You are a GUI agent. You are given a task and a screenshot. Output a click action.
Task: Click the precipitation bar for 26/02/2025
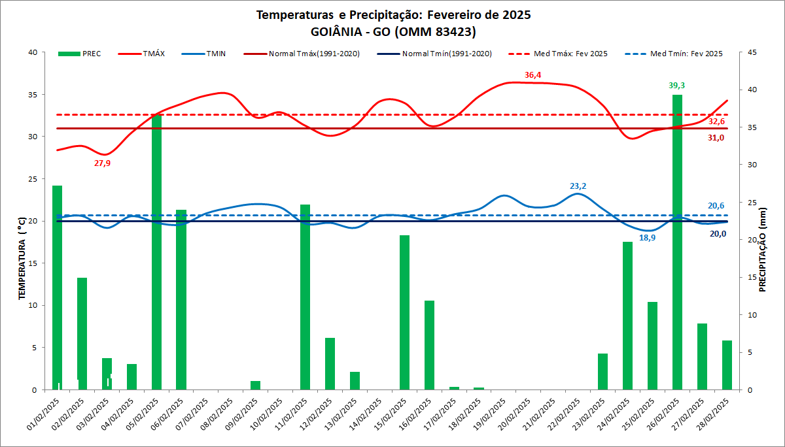pos(677,242)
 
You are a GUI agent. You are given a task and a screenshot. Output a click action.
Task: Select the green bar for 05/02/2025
pos(156,252)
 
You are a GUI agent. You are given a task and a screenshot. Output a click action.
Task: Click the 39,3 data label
pos(677,86)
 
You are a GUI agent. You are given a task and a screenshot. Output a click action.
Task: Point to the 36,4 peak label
pos(532,75)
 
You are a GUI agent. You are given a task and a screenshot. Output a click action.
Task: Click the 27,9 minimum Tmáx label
pos(102,163)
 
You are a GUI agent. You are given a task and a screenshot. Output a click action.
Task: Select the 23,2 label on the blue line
pos(578,186)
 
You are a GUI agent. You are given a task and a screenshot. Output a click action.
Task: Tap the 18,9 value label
pos(647,238)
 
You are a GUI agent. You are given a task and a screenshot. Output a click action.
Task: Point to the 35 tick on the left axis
pos(32,95)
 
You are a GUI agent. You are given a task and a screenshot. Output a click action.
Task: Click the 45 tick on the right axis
pos(752,52)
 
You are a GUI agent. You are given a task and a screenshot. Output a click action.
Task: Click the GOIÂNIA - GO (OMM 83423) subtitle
pos(393,31)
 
